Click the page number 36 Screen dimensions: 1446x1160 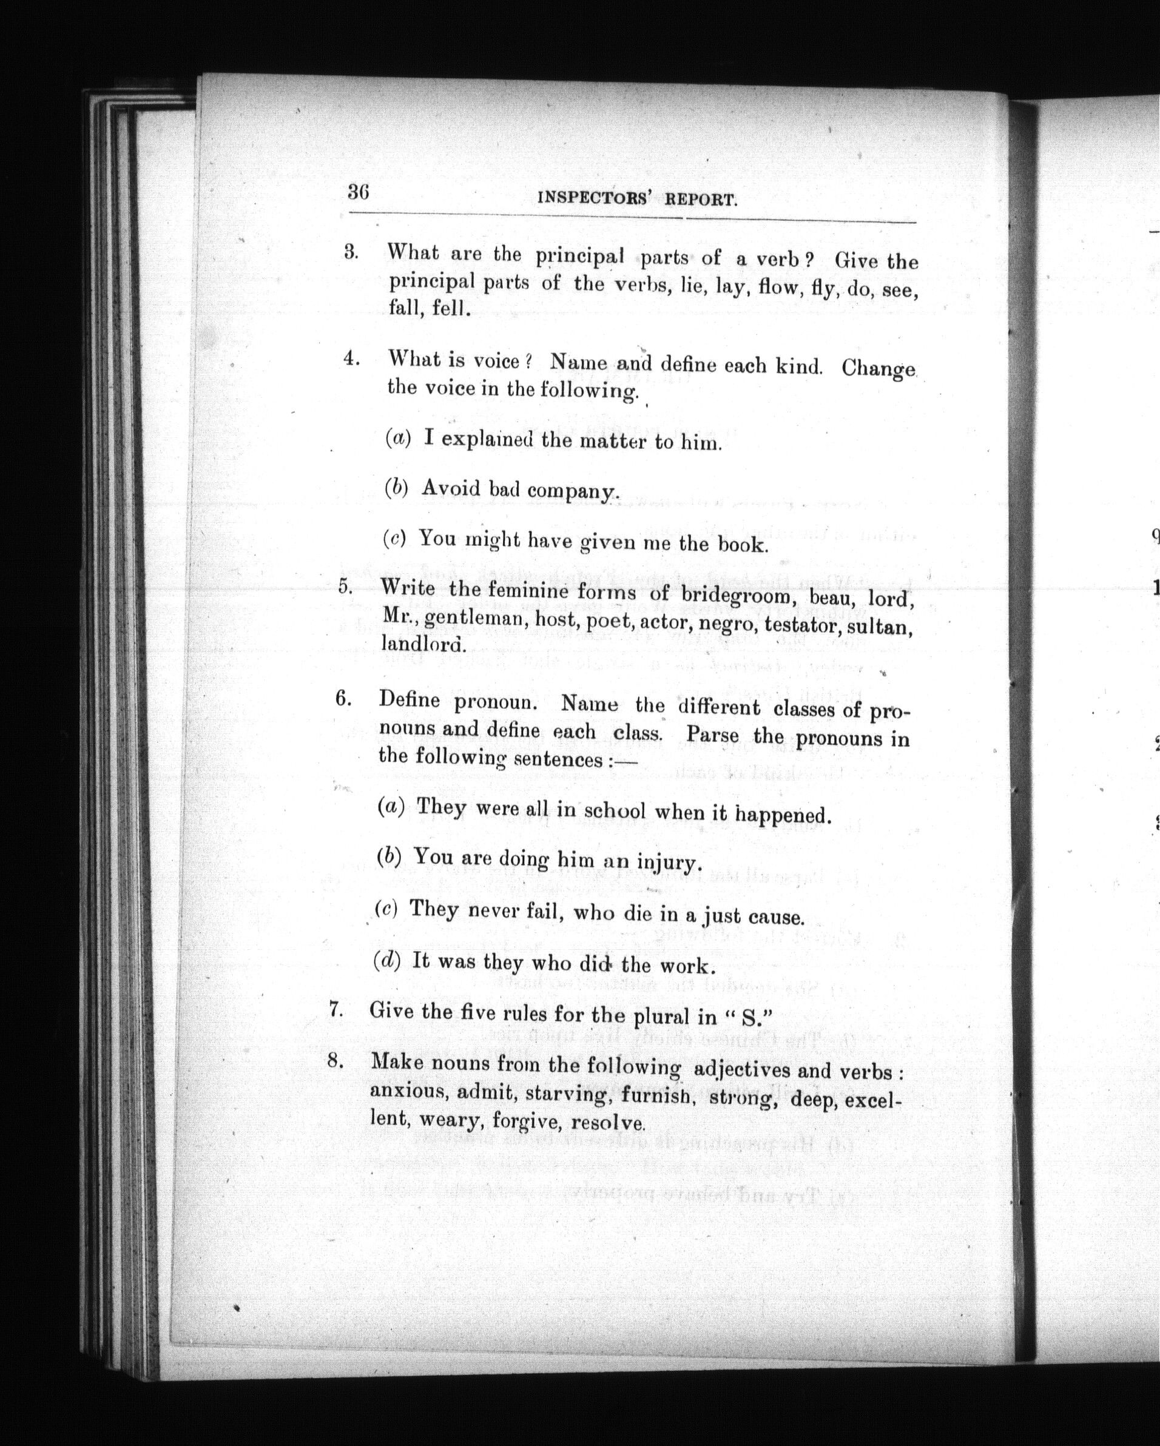pos(359,192)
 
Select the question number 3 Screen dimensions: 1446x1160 pos(351,254)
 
